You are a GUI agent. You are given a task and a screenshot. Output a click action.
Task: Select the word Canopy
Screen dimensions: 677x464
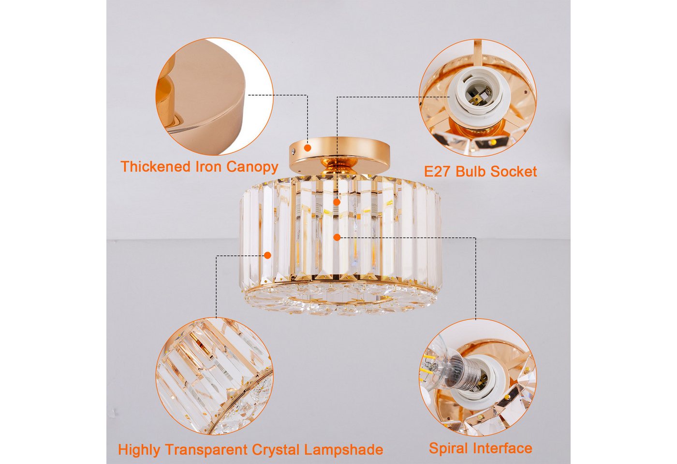252,168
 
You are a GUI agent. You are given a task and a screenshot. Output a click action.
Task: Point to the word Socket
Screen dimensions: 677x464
513,171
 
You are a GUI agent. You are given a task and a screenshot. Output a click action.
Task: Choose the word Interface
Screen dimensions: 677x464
502,448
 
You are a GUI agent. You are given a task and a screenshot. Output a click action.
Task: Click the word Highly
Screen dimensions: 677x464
139,450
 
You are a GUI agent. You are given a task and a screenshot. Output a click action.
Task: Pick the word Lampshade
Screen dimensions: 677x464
343,450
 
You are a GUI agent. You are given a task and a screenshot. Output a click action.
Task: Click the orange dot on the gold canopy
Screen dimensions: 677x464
308,148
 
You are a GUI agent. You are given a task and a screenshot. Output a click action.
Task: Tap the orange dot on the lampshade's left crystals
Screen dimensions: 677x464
267,255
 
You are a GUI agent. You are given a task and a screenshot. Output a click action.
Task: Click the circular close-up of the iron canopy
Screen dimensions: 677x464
214,96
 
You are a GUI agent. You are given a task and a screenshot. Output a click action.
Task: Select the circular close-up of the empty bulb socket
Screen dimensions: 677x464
478,97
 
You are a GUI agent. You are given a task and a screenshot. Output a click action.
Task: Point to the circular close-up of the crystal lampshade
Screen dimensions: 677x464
214,377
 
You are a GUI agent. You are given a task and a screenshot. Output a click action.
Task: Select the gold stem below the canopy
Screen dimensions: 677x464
339,169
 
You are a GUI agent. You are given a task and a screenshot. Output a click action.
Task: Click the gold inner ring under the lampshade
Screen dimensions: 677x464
339,302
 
